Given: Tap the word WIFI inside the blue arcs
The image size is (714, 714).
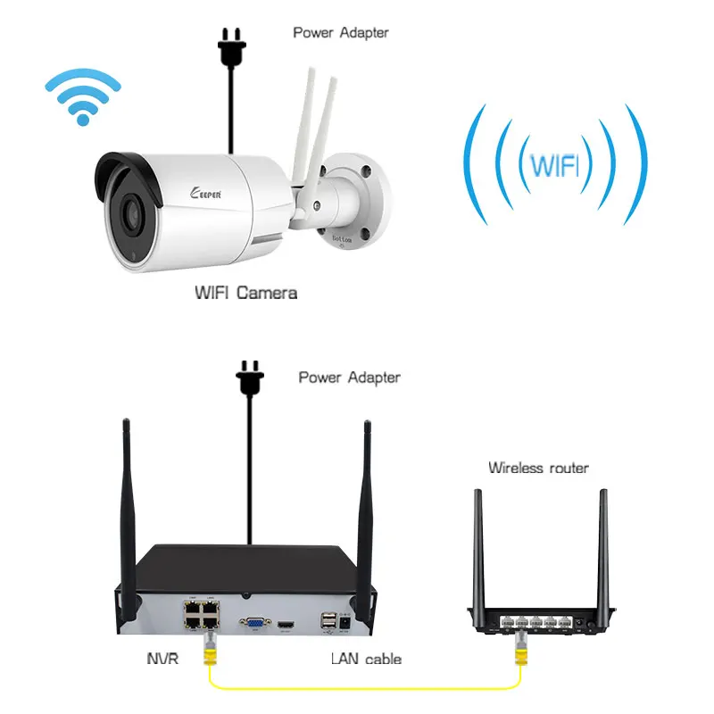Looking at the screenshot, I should [x=553, y=165].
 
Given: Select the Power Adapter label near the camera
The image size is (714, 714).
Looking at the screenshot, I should [x=341, y=33].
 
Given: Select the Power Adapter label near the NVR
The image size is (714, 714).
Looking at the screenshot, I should [x=349, y=378].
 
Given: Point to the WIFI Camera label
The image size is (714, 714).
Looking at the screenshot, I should [x=245, y=292].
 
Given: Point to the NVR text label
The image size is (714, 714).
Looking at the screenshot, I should [x=163, y=659].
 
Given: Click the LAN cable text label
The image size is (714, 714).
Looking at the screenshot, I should [x=366, y=659].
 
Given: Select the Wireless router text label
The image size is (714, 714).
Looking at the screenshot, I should [x=538, y=468].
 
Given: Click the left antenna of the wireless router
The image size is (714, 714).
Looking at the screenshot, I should [x=478, y=544].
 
